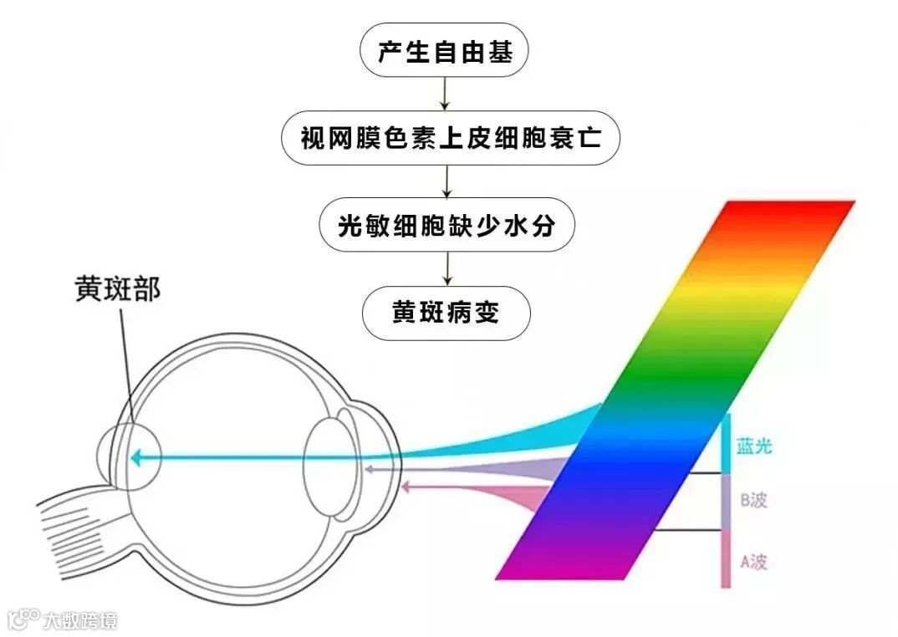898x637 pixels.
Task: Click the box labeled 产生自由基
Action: [443, 53]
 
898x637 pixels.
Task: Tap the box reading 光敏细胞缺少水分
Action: [447, 225]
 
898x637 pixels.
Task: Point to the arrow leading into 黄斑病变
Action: [447, 269]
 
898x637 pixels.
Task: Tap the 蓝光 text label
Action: [753, 447]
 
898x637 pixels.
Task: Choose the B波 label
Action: [753, 502]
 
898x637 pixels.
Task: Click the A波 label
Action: [753, 561]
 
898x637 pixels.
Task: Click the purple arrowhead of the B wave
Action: [368, 471]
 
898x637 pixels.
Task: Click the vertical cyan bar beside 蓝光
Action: [726, 443]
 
